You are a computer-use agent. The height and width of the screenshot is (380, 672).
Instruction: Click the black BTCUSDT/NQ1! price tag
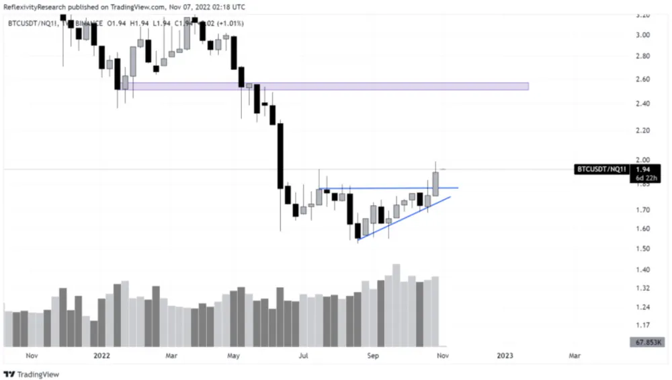click(x=601, y=169)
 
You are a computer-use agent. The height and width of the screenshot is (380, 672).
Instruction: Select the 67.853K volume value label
click(x=648, y=342)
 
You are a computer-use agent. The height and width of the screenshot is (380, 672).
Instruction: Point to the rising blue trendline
click(x=403, y=219)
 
